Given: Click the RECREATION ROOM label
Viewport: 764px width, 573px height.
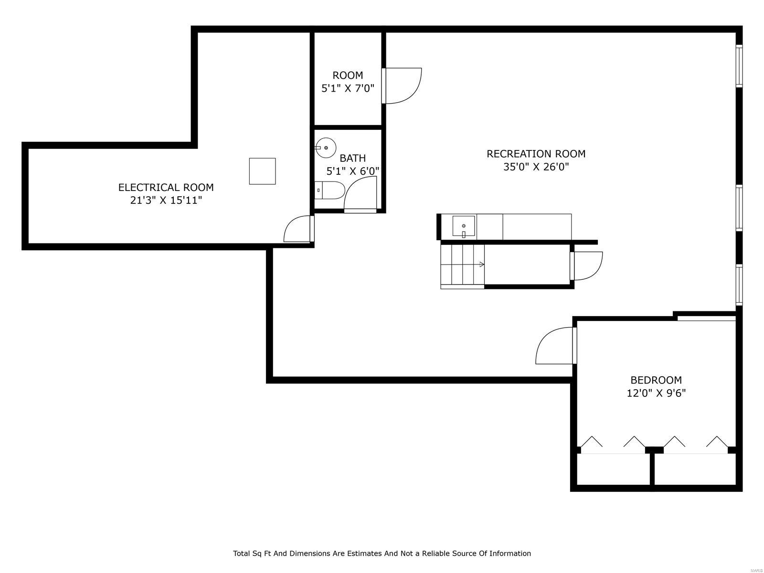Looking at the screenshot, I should click(536, 154).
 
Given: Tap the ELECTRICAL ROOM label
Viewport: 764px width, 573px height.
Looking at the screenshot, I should click(166, 187).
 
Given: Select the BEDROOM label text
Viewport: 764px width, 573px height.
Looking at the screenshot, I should click(656, 380).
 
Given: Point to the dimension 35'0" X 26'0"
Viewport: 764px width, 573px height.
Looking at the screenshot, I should click(536, 167).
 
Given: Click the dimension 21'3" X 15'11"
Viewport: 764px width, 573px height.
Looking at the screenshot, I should click(166, 201).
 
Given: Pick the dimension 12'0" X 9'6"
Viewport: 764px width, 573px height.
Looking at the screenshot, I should click(656, 393).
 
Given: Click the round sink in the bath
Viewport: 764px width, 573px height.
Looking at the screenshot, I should click(326, 148).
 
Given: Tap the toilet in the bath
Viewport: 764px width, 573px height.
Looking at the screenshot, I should click(330, 190).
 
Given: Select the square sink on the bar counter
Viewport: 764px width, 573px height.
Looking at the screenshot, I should click(464, 226).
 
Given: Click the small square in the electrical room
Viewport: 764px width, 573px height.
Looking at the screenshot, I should click(262, 171).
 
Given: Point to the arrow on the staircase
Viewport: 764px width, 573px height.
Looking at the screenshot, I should click(481, 264).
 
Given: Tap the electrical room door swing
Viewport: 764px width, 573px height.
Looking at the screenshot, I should click(297, 229).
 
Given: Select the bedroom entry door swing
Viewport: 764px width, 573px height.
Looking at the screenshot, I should click(555, 346).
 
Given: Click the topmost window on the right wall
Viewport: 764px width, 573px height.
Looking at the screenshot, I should click(739, 66).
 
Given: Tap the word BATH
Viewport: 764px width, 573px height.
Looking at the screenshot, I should click(352, 158).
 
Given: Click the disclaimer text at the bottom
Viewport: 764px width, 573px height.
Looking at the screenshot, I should click(382, 553).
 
